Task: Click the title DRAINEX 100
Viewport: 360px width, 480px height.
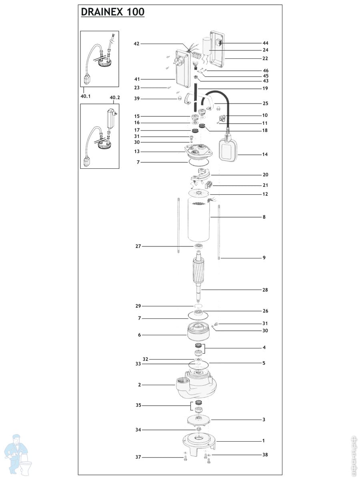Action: click(112, 12)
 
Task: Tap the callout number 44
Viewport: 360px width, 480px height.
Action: click(265, 43)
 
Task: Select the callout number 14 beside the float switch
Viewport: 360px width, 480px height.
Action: click(265, 154)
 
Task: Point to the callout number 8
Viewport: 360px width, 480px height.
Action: click(264, 217)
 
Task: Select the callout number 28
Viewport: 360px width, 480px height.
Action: click(265, 290)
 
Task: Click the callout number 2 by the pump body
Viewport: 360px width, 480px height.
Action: click(139, 385)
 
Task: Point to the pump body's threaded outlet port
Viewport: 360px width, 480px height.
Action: click(179, 387)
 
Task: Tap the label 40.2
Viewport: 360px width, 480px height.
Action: click(115, 98)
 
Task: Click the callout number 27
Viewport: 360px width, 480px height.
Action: click(138, 246)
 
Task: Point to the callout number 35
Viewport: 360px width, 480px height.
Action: click(138, 405)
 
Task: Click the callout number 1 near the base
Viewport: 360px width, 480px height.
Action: click(263, 440)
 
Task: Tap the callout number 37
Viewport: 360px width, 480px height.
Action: click(138, 457)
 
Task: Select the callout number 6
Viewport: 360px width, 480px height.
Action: click(139, 335)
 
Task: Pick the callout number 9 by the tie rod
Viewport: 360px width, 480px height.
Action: click(264, 258)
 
